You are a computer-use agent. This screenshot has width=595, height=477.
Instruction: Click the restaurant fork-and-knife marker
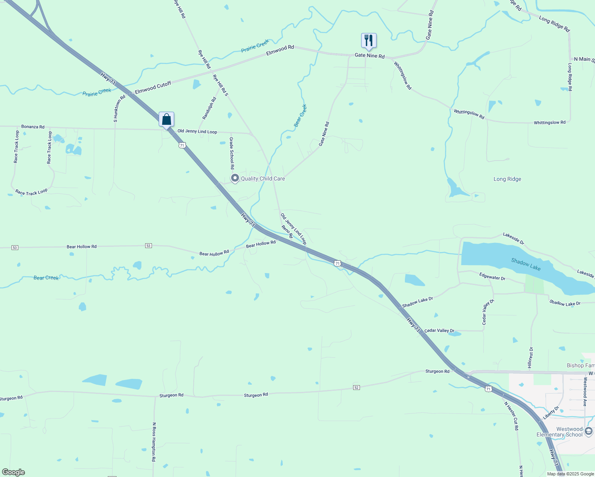[x=369, y=40]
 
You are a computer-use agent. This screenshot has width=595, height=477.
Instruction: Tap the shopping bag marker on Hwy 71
[x=166, y=119]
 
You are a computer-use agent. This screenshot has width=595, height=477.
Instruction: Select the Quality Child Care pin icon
[x=235, y=178]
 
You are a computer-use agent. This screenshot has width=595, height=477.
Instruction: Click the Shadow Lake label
[x=526, y=264]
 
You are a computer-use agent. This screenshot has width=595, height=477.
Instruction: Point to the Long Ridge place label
[x=507, y=179]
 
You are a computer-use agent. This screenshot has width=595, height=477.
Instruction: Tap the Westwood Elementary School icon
[x=589, y=431]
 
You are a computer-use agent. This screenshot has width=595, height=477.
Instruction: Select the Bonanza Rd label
[x=33, y=127]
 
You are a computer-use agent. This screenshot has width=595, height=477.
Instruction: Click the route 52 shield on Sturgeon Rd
[x=357, y=387]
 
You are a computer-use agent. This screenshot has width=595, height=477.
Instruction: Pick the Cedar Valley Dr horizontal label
[x=439, y=331]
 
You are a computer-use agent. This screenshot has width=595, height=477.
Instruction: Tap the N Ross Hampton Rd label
[x=154, y=442]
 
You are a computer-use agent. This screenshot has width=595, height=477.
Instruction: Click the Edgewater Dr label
[x=492, y=276]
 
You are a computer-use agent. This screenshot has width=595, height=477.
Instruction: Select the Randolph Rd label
[x=209, y=108]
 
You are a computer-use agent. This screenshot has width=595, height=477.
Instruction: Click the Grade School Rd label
[x=232, y=153]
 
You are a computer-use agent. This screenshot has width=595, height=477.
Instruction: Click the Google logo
[x=14, y=472]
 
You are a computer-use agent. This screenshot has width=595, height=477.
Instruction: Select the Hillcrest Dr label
[x=531, y=357]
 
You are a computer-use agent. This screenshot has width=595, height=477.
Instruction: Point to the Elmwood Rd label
[x=280, y=50]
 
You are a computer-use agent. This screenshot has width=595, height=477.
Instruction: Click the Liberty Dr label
[x=551, y=413]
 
